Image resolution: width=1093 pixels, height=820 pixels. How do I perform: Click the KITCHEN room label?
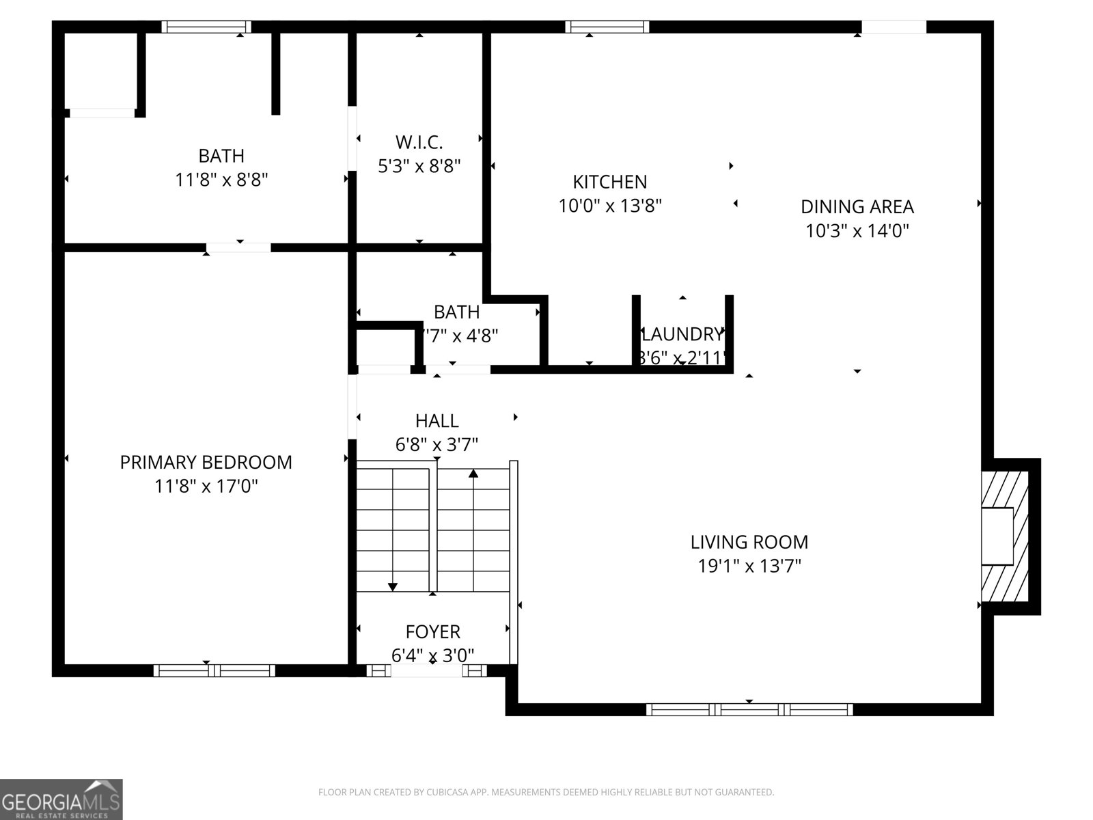(609, 182)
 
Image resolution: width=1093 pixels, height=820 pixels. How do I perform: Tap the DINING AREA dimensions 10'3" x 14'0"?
(857, 231)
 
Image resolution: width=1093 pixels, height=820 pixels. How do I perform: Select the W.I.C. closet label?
(419, 142)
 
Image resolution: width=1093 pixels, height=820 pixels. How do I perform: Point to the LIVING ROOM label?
(749, 543)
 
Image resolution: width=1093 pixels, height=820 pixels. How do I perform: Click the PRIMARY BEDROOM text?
(206, 463)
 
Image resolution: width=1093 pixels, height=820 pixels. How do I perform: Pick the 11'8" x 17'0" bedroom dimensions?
(206, 487)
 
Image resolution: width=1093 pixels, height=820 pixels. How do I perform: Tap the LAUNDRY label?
(682, 334)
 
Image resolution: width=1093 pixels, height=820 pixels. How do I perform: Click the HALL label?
(437, 421)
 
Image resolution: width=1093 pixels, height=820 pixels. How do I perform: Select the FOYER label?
(432, 631)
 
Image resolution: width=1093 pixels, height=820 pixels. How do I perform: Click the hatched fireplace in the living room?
(1006, 536)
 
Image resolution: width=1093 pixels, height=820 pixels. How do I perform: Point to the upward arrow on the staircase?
(473, 474)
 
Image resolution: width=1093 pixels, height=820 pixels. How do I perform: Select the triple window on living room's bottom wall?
(749, 709)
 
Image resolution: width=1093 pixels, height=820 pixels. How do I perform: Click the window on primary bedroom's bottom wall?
(214, 670)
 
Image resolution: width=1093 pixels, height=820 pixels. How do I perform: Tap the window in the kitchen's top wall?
(607, 27)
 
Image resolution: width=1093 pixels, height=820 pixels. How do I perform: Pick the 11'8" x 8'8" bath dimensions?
(221, 180)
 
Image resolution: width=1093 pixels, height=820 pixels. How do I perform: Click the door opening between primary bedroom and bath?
(238, 247)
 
